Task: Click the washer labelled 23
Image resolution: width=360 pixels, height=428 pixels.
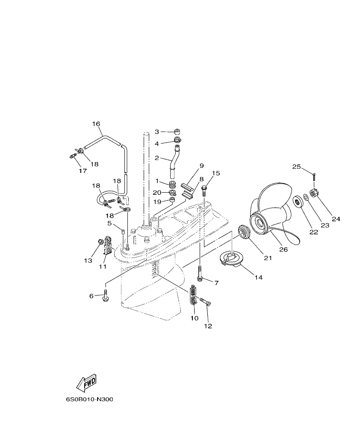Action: click(x=306, y=198)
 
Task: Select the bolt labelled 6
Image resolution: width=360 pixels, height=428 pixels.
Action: click(x=106, y=296)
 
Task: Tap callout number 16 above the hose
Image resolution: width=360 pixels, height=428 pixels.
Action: click(x=96, y=124)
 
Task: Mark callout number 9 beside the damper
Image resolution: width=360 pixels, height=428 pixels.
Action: click(x=201, y=165)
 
